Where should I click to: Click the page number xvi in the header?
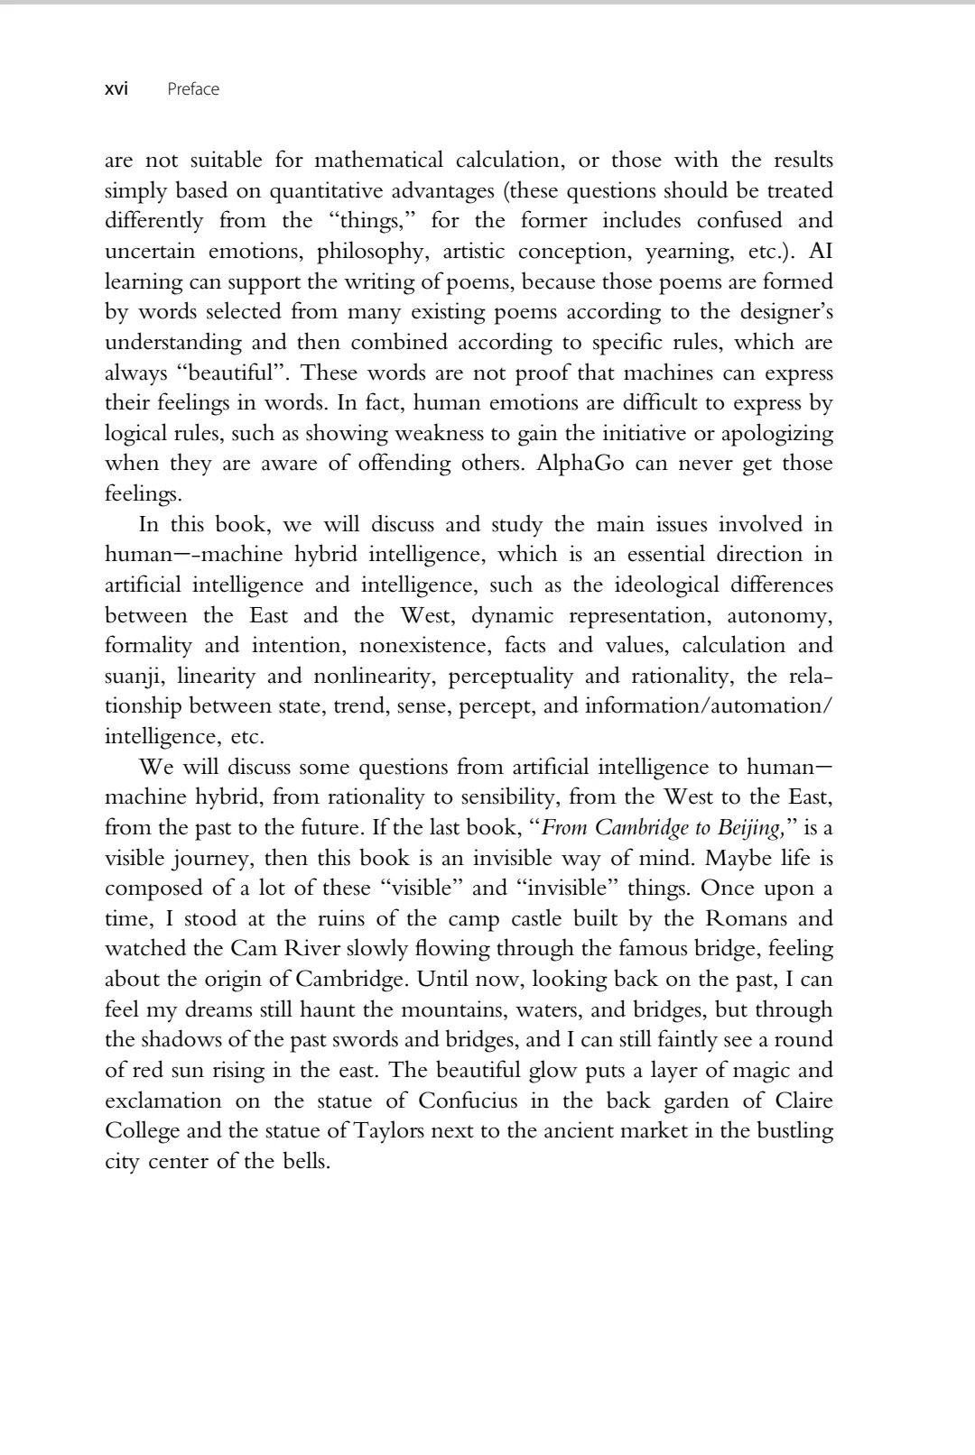pos(116,88)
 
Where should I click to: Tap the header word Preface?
pos(193,88)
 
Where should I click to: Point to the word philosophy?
pos(370,251)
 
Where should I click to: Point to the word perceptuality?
pos(510,676)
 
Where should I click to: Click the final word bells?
pos(304,1161)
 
